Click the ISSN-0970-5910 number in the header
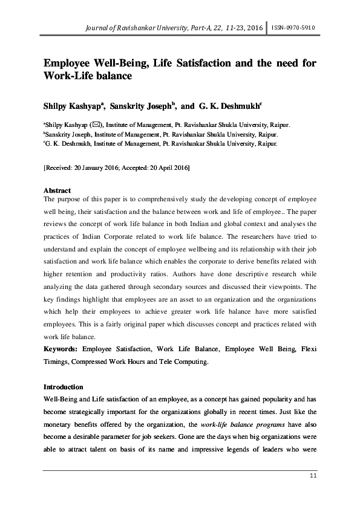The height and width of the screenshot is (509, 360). click(x=294, y=28)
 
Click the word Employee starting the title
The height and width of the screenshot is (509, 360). click(x=70, y=63)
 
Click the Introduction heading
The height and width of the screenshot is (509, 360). click(x=64, y=386)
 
